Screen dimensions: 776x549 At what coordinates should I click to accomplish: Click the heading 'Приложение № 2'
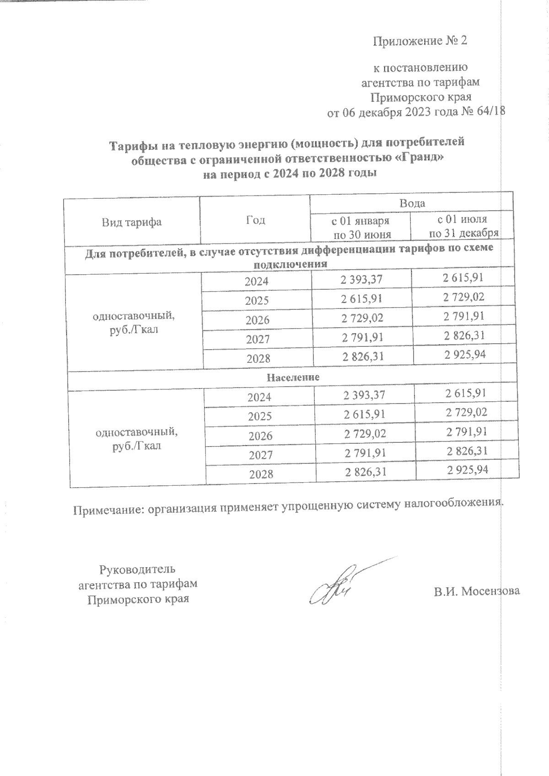[x=420, y=41]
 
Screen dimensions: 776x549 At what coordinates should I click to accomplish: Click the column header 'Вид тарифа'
[x=131, y=223]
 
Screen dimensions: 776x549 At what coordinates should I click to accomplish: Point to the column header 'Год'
[x=255, y=220]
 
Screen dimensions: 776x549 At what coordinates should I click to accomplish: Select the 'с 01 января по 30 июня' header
[x=361, y=228]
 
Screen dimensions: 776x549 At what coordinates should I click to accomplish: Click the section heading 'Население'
[x=293, y=378]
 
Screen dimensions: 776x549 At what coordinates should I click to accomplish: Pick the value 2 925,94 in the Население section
[x=468, y=470]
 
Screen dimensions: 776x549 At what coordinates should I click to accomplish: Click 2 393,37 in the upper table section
[x=361, y=280]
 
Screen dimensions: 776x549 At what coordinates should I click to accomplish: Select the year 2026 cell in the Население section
[x=260, y=436]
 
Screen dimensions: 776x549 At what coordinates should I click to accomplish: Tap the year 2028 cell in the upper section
[x=258, y=359]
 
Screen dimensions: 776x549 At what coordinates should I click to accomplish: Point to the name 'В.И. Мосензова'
[x=477, y=591]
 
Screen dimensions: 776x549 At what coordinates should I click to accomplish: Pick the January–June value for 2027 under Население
[x=365, y=453]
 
